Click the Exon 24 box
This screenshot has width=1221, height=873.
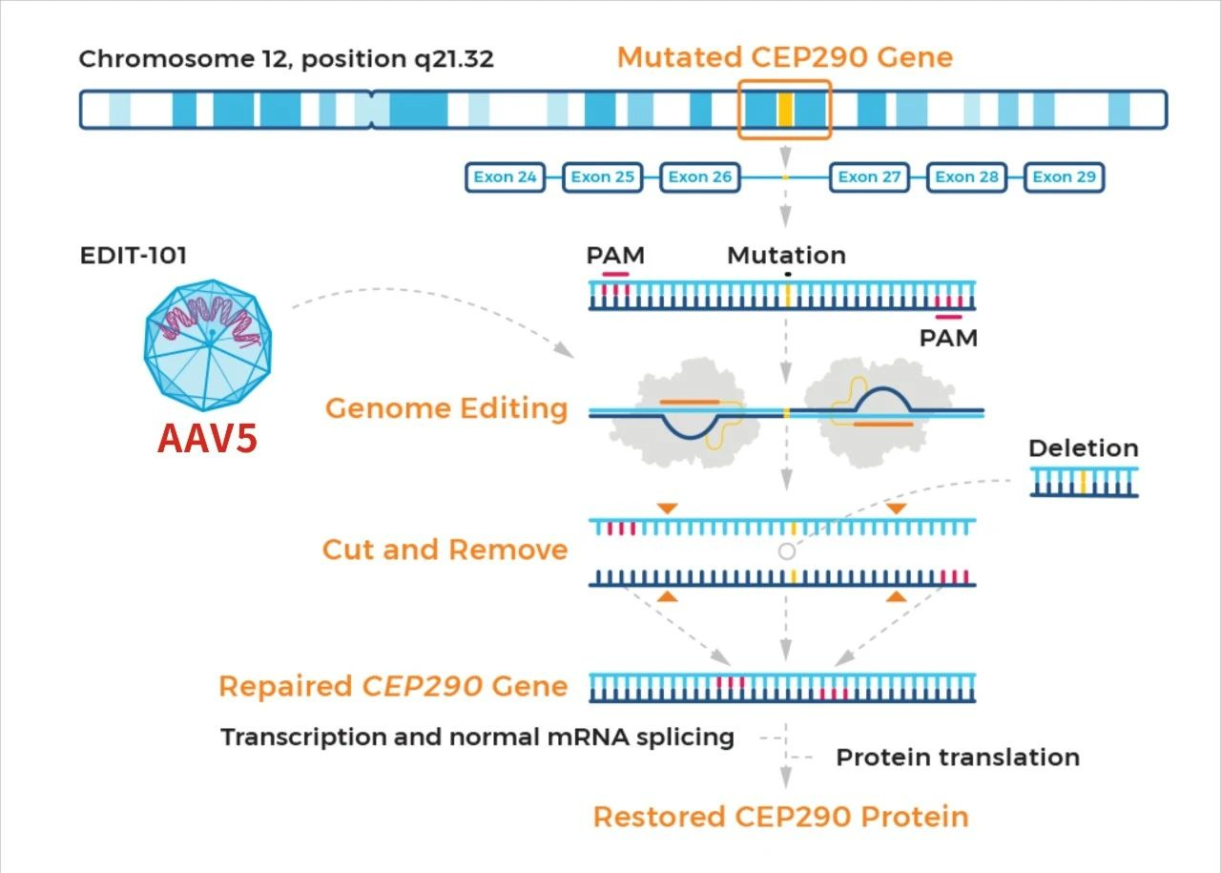pyautogui.click(x=506, y=177)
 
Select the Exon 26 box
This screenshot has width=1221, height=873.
pyautogui.click(x=700, y=177)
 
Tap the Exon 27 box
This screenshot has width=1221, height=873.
pyautogui.click(x=869, y=177)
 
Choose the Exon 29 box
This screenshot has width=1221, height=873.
pyautogui.click(x=1065, y=177)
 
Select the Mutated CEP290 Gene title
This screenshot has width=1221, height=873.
pyautogui.click(x=784, y=57)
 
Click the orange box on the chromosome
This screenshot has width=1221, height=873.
pyautogui.click(x=785, y=110)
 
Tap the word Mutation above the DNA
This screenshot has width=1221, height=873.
pyautogui.click(x=786, y=256)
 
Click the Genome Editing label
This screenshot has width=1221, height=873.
pyautogui.click(x=446, y=408)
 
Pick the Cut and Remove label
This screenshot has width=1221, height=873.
pyautogui.click(x=445, y=550)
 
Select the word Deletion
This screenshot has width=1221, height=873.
pyautogui.click(x=1083, y=448)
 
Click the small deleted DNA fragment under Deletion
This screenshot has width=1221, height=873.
pyautogui.click(x=1084, y=482)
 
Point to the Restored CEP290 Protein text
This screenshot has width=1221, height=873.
pyautogui.click(x=780, y=817)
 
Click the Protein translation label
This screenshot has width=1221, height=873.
pyautogui.click(x=958, y=758)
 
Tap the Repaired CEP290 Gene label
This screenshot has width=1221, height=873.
pyautogui.click(x=393, y=686)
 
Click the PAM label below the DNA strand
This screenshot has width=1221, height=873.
pyautogui.click(x=948, y=337)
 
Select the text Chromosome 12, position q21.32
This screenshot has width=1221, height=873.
pyautogui.click(x=286, y=59)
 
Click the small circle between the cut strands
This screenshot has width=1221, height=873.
pyautogui.click(x=786, y=551)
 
